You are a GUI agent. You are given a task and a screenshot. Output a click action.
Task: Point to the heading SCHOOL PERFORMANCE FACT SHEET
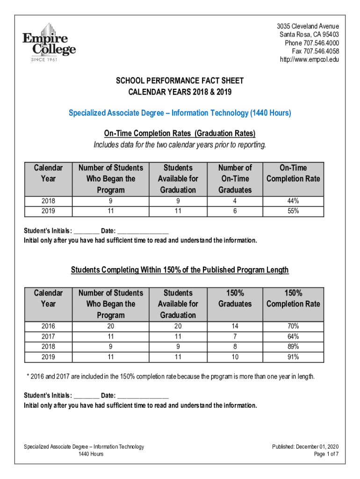180,81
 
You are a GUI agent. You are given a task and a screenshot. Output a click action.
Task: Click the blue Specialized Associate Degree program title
180,113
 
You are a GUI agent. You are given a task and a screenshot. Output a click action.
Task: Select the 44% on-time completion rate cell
293,201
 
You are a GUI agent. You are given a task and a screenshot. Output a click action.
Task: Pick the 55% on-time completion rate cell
293,211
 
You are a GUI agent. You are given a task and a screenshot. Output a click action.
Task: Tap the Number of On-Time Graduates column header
235,179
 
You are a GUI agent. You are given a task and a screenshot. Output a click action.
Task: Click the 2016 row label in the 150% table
48,326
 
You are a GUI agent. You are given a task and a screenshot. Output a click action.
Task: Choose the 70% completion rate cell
293,326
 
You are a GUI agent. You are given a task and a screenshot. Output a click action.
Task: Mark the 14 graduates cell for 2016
235,326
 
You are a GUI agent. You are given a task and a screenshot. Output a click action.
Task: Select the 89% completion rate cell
293,347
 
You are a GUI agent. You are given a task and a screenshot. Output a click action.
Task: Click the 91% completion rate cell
293,357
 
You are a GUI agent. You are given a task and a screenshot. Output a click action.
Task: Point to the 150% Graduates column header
235,298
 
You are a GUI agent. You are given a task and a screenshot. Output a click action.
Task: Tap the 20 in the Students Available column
178,326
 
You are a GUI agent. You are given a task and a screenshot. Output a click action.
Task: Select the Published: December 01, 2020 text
305,447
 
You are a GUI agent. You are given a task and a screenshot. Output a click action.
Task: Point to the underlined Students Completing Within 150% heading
180,270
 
